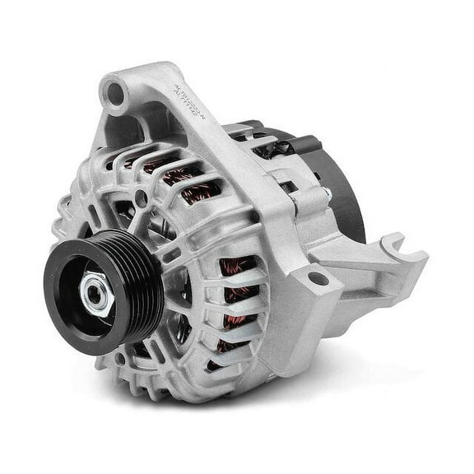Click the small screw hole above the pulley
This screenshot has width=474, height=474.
pos(142,197)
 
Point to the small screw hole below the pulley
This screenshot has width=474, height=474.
pos(122,358)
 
